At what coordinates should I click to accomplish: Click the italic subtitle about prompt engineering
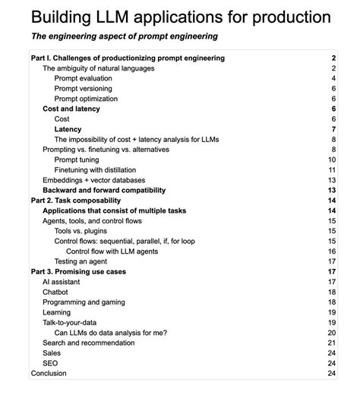point(124,36)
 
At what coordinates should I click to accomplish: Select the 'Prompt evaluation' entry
point(84,78)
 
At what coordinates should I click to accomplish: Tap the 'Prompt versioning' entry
point(84,89)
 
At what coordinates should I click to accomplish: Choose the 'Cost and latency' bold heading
point(71,109)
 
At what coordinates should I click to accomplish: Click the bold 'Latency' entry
point(68,129)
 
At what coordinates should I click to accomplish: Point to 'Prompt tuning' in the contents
point(77,160)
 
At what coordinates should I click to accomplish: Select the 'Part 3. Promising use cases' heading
point(79,271)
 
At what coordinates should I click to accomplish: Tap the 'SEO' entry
point(51,363)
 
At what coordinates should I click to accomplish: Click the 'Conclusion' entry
point(49,373)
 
